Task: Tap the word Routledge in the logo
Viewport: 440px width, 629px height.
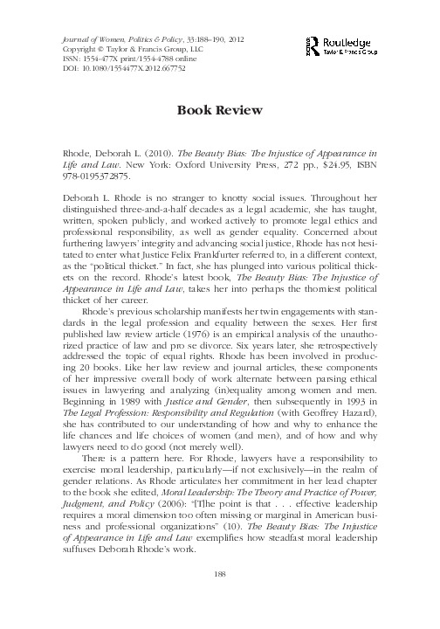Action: tap(354, 40)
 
